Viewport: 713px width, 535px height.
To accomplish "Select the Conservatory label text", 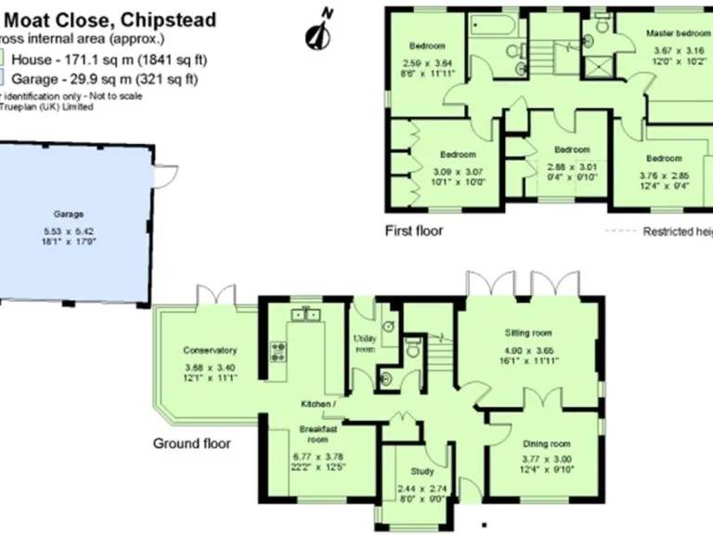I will tap(210, 350).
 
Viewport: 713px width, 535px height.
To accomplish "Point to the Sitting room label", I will tap(528, 332).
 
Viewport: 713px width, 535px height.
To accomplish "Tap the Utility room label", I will tap(365, 344).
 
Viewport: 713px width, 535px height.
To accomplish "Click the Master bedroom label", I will tap(678, 33).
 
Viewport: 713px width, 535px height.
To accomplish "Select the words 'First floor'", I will tap(414, 230).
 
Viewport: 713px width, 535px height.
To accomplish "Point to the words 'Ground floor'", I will tap(191, 443).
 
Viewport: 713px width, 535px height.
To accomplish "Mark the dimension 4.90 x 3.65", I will tap(528, 351).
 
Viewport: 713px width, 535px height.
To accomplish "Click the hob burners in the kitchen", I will tap(277, 351).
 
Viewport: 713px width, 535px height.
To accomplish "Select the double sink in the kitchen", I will tap(305, 315).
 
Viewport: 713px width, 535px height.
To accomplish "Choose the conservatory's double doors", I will tap(216, 295).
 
